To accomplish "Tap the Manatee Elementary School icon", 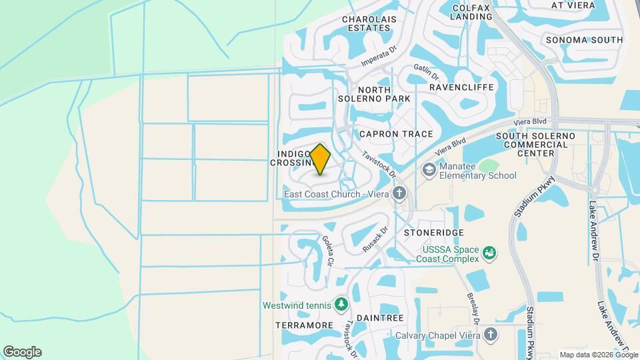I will click(x=429, y=171).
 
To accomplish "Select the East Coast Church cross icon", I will click(x=399, y=194).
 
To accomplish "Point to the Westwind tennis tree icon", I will click(x=341, y=304).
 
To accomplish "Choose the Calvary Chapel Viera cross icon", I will click(x=491, y=335).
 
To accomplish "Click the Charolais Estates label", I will click(x=366, y=24).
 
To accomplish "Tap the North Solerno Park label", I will click(x=383, y=95).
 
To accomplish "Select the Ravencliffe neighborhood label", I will click(x=461, y=87).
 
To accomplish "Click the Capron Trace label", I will click(x=396, y=134).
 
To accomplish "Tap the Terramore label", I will click(x=304, y=325).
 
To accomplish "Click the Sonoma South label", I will click(x=584, y=40).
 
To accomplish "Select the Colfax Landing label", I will click(x=471, y=12).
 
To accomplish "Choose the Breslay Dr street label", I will click(x=471, y=307).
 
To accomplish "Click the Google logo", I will click(x=22, y=352).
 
